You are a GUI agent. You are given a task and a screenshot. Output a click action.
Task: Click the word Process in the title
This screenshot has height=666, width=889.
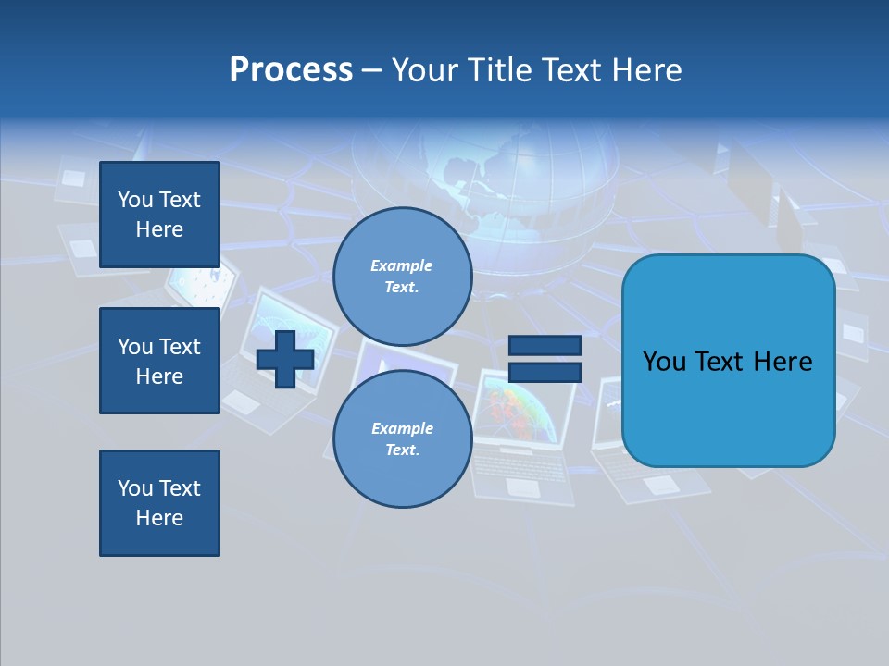click(x=291, y=70)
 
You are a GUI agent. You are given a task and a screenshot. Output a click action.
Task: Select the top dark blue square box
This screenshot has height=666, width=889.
click(x=159, y=215)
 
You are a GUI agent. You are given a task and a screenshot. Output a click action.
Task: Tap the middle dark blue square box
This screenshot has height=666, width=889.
click(x=159, y=361)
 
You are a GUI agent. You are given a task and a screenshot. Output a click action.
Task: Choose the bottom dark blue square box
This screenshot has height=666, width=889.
click(x=159, y=503)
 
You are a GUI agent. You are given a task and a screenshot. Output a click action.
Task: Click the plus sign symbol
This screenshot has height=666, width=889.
click(x=285, y=359)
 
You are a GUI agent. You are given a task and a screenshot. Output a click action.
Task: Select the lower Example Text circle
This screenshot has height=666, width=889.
click(x=402, y=439)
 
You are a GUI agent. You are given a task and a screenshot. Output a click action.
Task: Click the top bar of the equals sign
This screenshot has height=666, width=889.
click(x=545, y=345)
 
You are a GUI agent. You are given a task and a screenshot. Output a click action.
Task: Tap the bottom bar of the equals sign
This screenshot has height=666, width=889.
click(x=545, y=373)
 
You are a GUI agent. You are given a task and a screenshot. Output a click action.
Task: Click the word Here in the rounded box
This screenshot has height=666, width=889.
click(x=783, y=362)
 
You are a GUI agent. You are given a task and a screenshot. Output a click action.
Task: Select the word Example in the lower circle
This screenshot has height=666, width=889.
click(x=402, y=429)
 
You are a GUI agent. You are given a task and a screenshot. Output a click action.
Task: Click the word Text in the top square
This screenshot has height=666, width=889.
click(x=180, y=200)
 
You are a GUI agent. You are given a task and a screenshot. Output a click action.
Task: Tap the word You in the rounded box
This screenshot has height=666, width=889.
click(x=664, y=362)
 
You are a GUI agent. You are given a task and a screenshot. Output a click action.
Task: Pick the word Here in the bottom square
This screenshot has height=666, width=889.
click(x=159, y=518)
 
